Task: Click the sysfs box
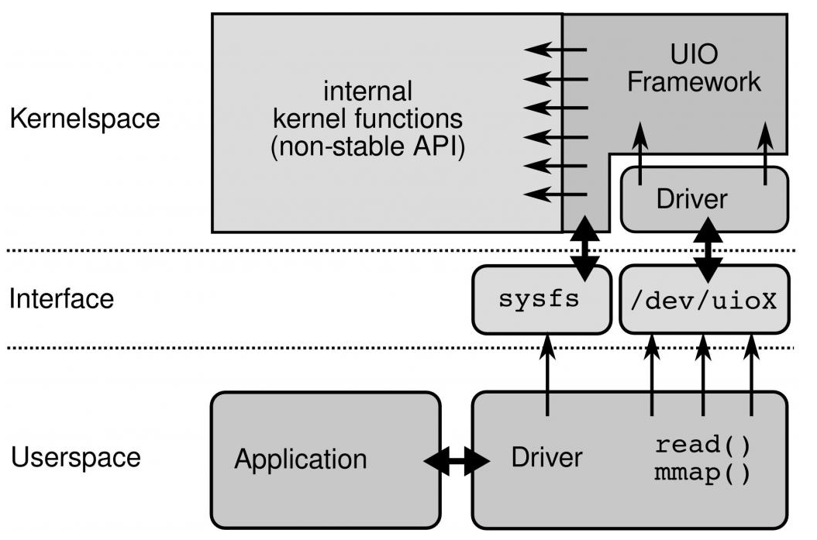541,299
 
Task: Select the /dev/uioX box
705,299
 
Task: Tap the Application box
326,459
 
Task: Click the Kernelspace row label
85,119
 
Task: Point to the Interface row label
61,298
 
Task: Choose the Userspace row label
76,457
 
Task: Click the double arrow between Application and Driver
457,461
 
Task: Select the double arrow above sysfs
584,249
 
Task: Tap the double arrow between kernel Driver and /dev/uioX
708,250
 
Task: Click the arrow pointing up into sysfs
547,375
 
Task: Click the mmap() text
702,473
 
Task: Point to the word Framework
694,82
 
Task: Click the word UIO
694,54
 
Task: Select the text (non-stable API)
368,146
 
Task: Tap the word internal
368,91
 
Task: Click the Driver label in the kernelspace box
692,199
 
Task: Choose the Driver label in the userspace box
547,457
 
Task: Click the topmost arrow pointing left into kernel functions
556,50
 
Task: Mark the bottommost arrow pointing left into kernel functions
556,194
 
